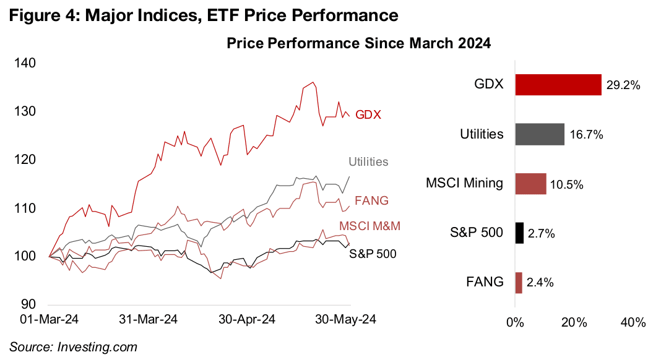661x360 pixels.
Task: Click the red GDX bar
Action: pos(558,85)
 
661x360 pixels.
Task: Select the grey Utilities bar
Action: pos(539,134)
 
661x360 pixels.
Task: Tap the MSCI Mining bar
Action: pos(530,184)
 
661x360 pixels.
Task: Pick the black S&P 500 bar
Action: pos(519,233)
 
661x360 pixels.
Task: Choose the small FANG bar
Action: pos(519,283)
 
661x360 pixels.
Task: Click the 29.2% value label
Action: pos(623,85)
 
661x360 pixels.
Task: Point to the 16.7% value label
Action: pos(585,135)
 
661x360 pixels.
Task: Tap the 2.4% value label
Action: pos(540,283)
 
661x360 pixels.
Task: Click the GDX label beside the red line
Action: pos(368,115)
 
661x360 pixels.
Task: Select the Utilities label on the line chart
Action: pos(368,162)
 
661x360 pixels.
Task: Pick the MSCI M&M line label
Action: pos(369,226)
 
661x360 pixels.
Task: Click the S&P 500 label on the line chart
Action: pos(373,254)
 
